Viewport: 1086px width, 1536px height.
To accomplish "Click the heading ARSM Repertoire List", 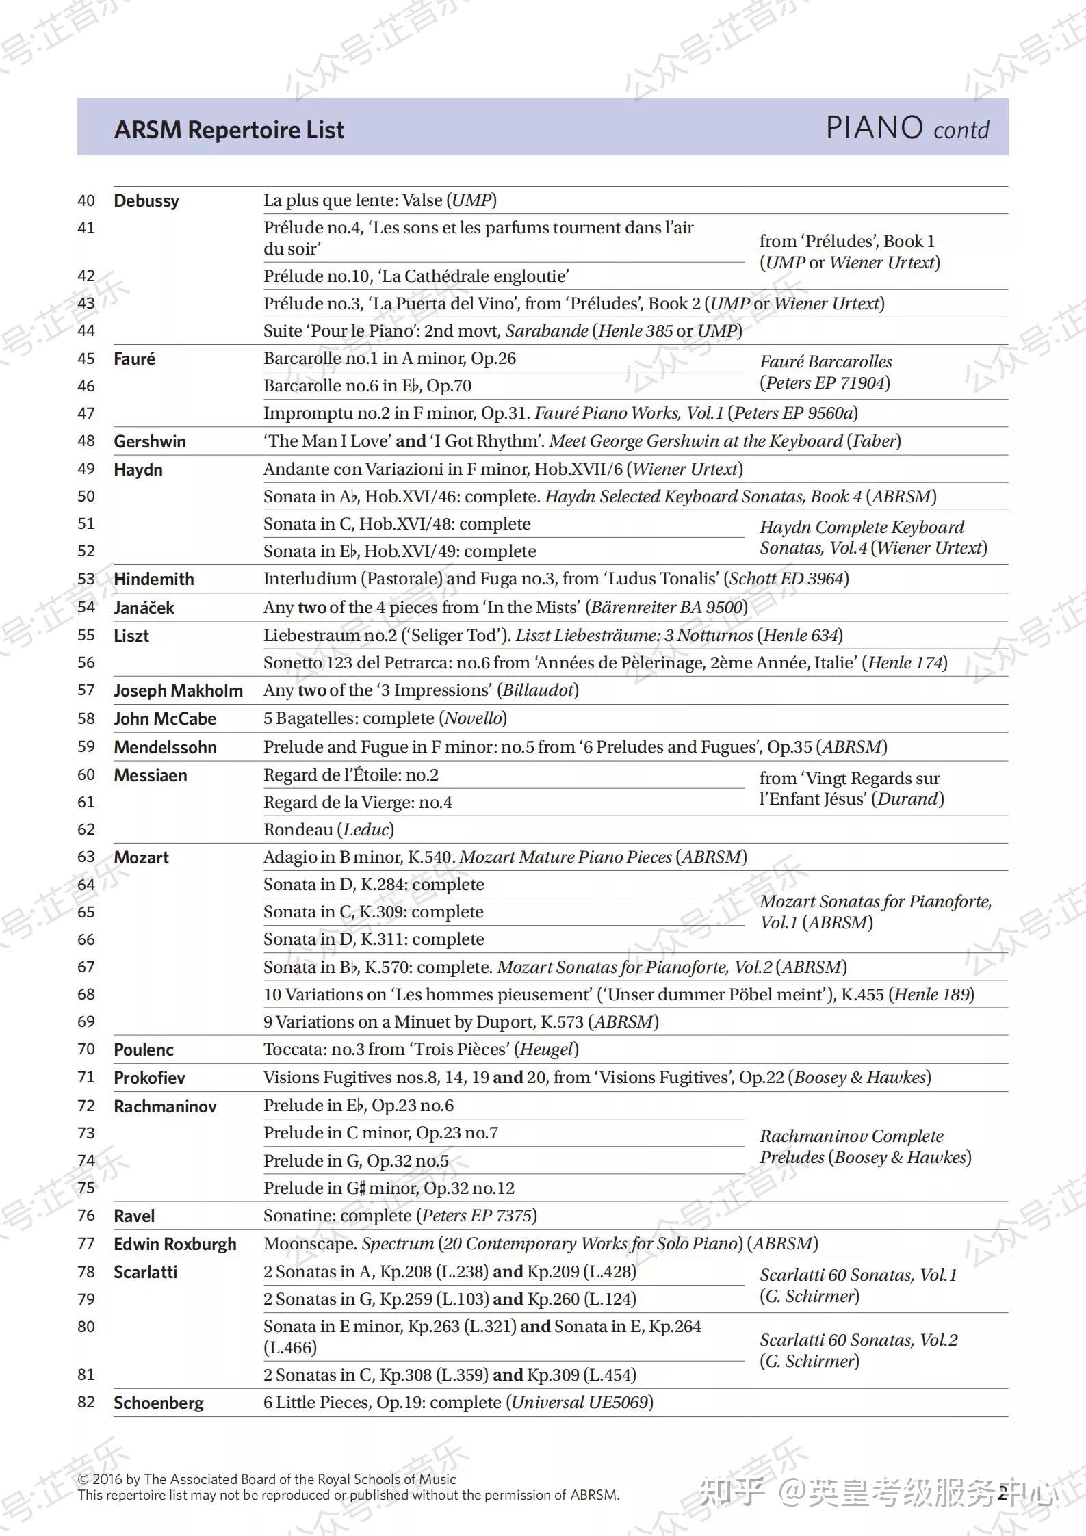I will (x=229, y=130).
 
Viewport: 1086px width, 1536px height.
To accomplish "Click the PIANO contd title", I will (x=907, y=128).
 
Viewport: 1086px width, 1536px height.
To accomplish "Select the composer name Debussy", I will (x=146, y=200).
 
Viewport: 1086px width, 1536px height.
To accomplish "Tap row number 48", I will (x=86, y=441).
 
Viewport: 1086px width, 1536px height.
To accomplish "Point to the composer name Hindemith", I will (x=154, y=579).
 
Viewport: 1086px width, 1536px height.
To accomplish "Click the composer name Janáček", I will (x=144, y=608).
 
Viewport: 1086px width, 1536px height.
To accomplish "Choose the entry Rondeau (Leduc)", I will (x=328, y=829).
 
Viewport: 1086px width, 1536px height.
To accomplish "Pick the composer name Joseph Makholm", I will (x=178, y=690).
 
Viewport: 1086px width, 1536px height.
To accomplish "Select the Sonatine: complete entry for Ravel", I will (x=400, y=1215).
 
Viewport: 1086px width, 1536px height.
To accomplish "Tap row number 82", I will (x=86, y=1402).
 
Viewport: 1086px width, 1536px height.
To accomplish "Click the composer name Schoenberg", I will (x=159, y=1403).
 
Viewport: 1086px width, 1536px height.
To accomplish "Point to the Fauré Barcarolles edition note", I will (x=825, y=372).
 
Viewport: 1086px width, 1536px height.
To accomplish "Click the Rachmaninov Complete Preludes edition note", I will (x=865, y=1146).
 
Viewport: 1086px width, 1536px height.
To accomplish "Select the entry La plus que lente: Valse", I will (x=380, y=200).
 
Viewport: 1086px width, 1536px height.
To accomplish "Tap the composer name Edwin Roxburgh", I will (x=175, y=1244).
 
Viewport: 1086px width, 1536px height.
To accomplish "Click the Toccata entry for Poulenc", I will (x=421, y=1049).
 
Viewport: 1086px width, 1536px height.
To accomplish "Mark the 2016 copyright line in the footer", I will (x=267, y=1479).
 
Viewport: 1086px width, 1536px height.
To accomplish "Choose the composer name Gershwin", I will (x=150, y=441).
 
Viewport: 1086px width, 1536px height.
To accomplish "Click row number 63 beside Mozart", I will (x=86, y=857).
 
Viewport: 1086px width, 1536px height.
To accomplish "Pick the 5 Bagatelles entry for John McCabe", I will (x=385, y=718).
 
